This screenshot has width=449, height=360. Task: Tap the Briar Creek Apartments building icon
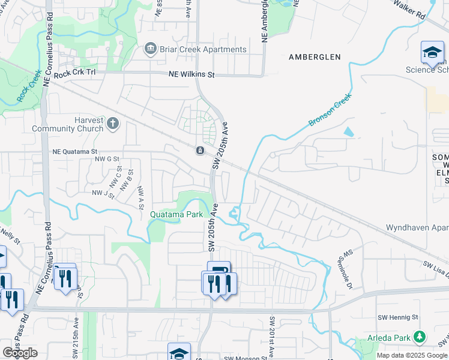(x=151, y=49)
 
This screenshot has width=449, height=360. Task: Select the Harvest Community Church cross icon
(x=113, y=124)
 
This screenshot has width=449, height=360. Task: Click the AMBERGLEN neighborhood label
(x=315, y=57)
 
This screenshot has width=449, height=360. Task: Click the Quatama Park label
(x=175, y=214)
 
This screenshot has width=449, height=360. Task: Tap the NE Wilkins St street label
(x=191, y=75)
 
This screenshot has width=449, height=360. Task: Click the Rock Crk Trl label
(x=74, y=74)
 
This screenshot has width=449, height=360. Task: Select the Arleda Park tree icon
(x=420, y=337)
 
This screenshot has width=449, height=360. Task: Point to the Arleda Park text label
(x=389, y=338)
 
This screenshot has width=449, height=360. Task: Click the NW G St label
(x=109, y=160)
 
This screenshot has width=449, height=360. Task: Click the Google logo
(x=20, y=353)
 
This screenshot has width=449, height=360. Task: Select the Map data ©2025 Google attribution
(x=412, y=355)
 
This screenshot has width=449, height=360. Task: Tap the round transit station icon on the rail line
(x=199, y=150)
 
